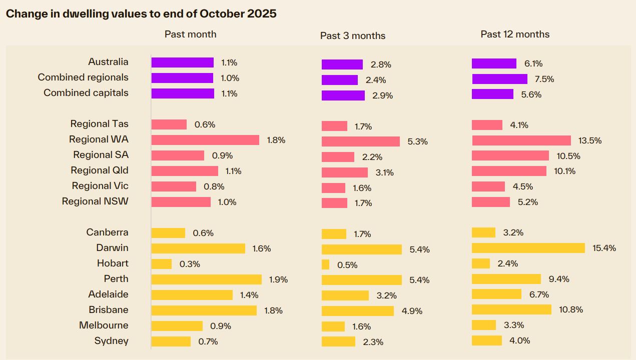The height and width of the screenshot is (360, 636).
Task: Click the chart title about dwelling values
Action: pos(141,13)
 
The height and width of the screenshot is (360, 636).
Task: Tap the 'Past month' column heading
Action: pos(191,34)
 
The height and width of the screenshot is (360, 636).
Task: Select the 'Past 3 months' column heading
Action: pos(353,35)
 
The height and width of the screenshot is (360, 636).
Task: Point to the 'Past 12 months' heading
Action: pos(515,34)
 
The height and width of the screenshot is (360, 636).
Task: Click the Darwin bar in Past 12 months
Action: pos(528,248)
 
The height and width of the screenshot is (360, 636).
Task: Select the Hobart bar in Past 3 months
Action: pos(325,264)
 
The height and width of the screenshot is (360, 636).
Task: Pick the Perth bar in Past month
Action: pos(207,279)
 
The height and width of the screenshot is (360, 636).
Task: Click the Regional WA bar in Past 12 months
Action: pos(521,140)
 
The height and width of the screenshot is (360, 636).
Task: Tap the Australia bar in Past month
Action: pos(183,62)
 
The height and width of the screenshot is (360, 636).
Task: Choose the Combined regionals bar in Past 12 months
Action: pos(500,79)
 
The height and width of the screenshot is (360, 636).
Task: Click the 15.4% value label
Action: pos(604,248)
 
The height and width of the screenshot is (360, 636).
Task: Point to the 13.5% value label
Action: pos(590,140)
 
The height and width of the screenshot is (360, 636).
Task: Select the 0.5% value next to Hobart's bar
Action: pos(347,265)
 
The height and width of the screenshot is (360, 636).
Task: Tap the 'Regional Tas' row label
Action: pos(100,123)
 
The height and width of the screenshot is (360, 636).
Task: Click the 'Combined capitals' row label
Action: pos(86,93)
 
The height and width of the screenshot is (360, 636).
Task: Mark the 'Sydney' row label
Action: pos(111,340)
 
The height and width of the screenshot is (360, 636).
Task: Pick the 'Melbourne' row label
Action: pos(104,325)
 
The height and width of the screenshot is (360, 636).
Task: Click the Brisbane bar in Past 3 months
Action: pos(358,311)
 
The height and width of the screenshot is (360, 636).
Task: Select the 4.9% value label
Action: pos(412,311)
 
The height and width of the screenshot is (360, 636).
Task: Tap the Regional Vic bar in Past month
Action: pos(174,186)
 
